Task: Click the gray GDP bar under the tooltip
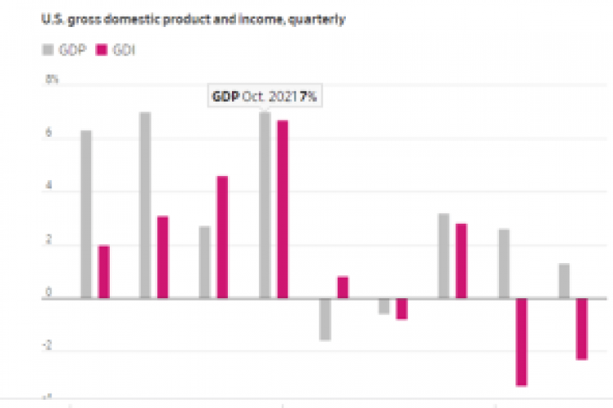[x=265, y=205]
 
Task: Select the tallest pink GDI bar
[x=282, y=209]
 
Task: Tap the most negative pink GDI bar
[x=521, y=342]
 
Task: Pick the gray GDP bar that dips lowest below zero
[x=325, y=319]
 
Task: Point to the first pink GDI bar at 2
[x=104, y=271]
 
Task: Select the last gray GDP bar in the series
[x=564, y=281]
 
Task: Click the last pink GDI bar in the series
[x=581, y=329]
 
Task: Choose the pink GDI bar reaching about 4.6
[x=222, y=237]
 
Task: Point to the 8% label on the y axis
[x=52, y=80]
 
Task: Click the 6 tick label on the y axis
[x=49, y=134]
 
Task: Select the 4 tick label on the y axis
[x=49, y=188]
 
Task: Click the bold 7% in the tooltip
[x=307, y=97]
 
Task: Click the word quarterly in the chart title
[x=319, y=20]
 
